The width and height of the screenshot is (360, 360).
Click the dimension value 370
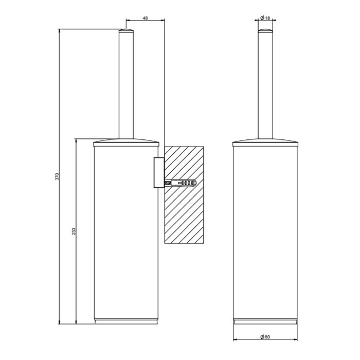tap(58, 176)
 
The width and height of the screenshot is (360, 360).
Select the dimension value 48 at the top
tap(145, 18)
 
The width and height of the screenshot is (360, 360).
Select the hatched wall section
tap(184, 216)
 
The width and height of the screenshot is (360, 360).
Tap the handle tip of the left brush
tap(126, 32)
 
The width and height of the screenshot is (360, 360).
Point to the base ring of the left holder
tap(126, 321)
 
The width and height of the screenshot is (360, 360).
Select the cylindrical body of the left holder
tap(126, 231)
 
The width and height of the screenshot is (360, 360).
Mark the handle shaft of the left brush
tap(126, 87)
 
